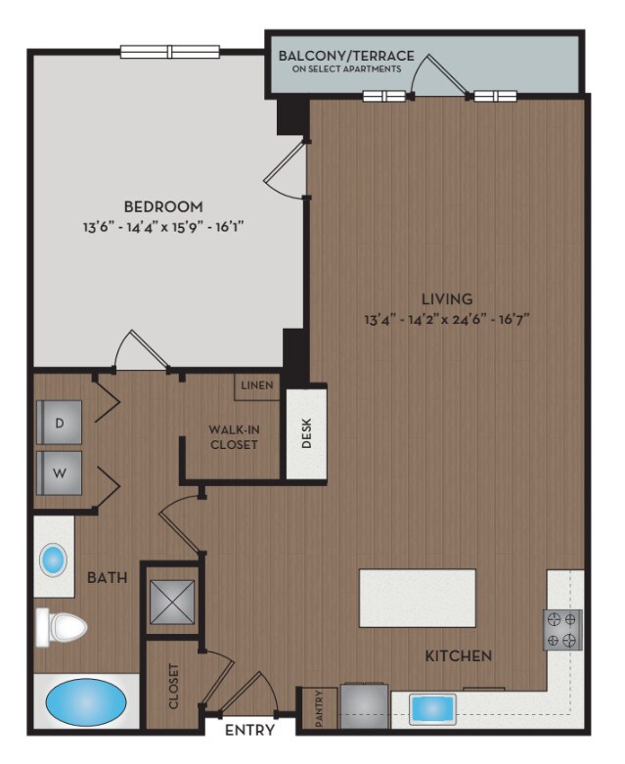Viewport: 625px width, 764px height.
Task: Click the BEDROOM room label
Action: pyautogui.click(x=163, y=206)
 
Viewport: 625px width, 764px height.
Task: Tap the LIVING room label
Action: pyautogui.click(x=447, y=298)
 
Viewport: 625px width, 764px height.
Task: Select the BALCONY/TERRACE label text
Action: pyautogui.click(x=346, y=56)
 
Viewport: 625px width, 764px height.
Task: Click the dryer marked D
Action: pyautogui.click(x=59, y=423)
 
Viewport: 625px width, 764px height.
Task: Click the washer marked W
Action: pyautogui.click(x=59, y=473)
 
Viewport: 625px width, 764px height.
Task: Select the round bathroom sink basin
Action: pyautogui.click(x=53, y=561)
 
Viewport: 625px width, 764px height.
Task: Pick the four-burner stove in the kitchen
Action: pyautogui.click(x=562, y=629)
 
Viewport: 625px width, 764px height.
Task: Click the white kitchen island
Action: pyautogui.click(x=417, y=598)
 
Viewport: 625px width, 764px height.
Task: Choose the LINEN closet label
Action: pyautogui.click(x=256, y=385)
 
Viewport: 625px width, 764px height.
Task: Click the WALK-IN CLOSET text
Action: pyautogui.click(x=233, y=436)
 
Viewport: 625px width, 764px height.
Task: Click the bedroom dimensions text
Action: pyautogui.click(x=163, y=227)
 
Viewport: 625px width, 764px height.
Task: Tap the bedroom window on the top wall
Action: pyautogui.click(x=169, y=53)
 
